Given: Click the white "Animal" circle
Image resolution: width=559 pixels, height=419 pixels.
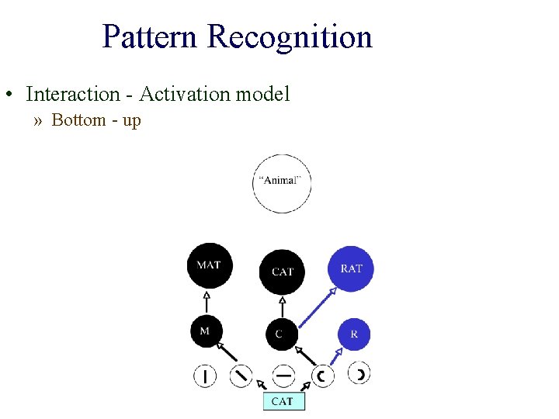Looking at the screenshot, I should pyautogui.click(x=282, y=183).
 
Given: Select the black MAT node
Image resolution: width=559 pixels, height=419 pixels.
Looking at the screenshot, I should pyautogui.click(x=210, y=265).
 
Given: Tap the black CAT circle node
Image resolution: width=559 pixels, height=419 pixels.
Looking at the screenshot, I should pyautogui.click(x=282, y=272).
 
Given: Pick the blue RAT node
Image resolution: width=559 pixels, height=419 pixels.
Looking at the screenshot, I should pyautogui.click(x=352, y=268).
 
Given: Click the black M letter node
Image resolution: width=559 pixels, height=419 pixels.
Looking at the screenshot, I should pyautogui.click(x=206, y=332).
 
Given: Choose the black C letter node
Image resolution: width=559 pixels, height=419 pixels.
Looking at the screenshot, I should pyautogui.click(x=280, y=334).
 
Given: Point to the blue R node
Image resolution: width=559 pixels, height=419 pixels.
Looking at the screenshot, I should pyautogui.click(x=354, y=334).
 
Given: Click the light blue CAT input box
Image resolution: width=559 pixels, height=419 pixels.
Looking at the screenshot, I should pyautogui.click(x=283, y=401).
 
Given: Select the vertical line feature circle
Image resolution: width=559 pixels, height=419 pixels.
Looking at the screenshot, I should pyautogui.click(x=205, y=377).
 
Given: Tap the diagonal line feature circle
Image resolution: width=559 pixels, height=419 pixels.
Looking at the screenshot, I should pyautogui.click(x=242, y=376).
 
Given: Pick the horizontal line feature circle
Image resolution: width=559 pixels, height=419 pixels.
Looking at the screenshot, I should pyautogui.click(x=284, y=376).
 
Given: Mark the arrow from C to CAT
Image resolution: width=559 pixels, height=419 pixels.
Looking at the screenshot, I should pyautogui.click(x=282, y=306).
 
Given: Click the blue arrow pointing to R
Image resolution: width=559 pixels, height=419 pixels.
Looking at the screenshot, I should pyautogui.click(x=337, y=358).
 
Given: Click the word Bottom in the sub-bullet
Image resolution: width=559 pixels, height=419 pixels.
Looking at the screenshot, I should pyautogui.click(x=78, y=120).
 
